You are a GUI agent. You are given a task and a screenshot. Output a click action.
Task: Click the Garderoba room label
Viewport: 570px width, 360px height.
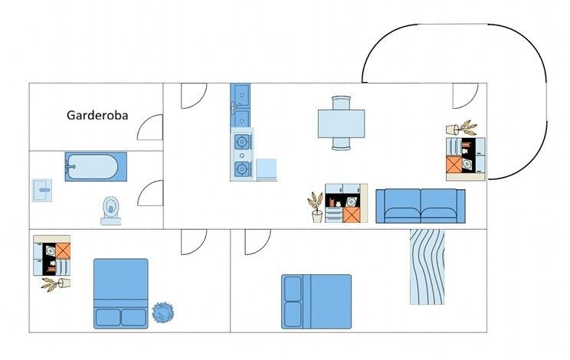click(x=97, y=116)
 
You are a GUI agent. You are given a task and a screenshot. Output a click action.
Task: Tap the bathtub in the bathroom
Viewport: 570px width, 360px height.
click(x=96, y=167)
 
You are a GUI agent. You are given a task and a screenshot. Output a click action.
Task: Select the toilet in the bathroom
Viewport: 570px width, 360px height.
click(x=110, y=211)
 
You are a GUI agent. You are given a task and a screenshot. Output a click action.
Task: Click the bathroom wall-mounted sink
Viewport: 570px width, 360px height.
click(x=42, y=190)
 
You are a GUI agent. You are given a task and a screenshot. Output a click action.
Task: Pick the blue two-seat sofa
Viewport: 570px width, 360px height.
click(x=421, y=206)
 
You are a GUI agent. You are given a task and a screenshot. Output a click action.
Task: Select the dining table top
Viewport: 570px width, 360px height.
click(x=342, y=124)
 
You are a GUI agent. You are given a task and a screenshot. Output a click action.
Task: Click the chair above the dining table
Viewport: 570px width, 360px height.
click(x=342, y=103)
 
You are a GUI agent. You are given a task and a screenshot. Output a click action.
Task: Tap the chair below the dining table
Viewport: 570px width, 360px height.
click(x=342, y=144)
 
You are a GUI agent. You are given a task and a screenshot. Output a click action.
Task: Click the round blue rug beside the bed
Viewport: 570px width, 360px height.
click(x=163, y=313)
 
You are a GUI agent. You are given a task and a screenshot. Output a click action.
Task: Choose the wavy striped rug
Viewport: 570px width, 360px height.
click(x=427, y=267)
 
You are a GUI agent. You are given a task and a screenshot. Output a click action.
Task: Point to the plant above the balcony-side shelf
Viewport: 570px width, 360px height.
click(x=461, y=128)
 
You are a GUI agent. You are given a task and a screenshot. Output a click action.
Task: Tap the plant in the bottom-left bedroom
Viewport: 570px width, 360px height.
click(x=56, y=284)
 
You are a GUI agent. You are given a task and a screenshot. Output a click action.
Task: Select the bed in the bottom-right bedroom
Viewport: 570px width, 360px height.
click(x=316, y=302)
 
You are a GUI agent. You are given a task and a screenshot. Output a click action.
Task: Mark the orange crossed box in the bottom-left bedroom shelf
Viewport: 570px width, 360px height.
click(x=63, y=251)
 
